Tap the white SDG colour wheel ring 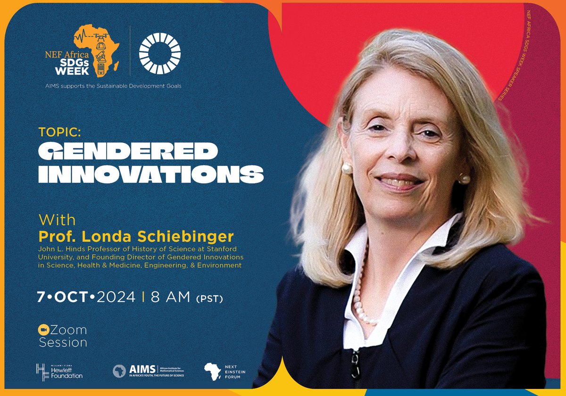(x=158, y=56)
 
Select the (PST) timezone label (x=208, y=298)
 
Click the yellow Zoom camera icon (x=43, y=330)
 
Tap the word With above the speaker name (x=58, y=220)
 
